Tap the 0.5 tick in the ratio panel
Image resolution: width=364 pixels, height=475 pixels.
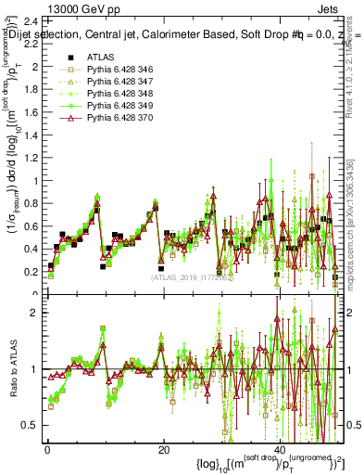(30, 425)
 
